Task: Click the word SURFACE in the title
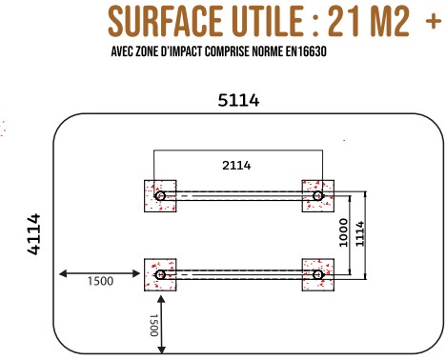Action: pos(165,21)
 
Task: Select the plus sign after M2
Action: pos(434,22)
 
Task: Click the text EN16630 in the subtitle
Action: pos(306,51)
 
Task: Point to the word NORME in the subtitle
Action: pos(267,51)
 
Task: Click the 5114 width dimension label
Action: pos(238,100)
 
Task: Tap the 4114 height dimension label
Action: pos(34,234)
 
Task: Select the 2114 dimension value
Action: pos(236,166)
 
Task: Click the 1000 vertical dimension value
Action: pos(344,232)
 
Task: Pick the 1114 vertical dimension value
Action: pos(359,234)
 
